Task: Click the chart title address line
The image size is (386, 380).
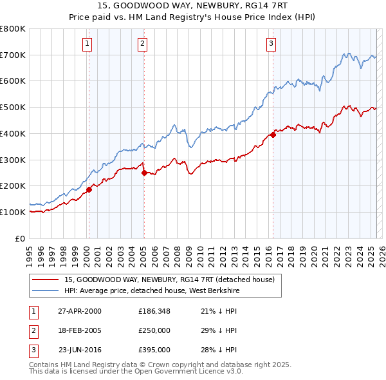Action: [x=193, y=5]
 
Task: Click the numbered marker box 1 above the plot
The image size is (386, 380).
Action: [x=87, y=44]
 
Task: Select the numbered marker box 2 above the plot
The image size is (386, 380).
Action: [x=142, y=44]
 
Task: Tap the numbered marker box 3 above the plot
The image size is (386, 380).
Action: [x=271, y=44]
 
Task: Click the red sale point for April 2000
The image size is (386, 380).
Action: [x=89, y=189]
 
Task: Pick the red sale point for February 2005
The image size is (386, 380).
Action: [x=143, y=172]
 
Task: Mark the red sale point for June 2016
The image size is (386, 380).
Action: [x=273, y=134]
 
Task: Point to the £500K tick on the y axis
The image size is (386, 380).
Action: [x=13, y=108]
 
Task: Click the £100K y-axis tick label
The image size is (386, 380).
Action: [x=13, y=212]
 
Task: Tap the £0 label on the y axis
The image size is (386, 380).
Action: [x=19, y=238]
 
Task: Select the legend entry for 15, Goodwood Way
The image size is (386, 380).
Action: [x=169, y=280]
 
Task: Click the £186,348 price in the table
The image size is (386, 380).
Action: [x=154, y=312]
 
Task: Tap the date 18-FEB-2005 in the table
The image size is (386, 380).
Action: [x=80, y=331]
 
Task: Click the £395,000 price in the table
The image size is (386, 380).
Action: [x=154, y=350]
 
